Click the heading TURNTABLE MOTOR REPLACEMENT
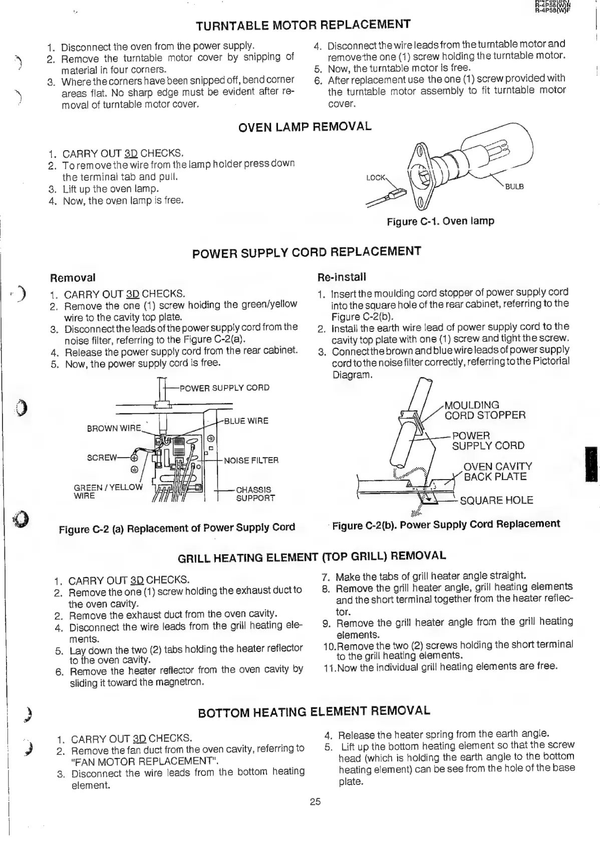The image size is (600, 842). (303, 25)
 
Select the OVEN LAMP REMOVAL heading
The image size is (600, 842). (305, 127)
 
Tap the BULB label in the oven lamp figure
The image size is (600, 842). (514, 187)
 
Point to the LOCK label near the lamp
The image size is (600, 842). (376, 178)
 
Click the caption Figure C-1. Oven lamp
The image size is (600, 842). (440, 221)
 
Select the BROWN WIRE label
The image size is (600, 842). (114, 429)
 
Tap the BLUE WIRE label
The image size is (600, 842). (246, 421)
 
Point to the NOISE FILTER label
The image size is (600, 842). (251, 460)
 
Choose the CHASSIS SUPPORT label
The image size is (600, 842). (255, 494)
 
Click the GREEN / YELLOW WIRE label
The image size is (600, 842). (108, 492)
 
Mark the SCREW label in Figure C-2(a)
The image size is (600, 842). (102, 458)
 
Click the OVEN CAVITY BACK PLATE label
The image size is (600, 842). (497, 472)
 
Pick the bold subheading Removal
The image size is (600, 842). (73, 278)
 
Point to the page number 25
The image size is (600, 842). (315, 801)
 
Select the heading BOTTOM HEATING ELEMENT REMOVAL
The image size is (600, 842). (314, 712)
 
